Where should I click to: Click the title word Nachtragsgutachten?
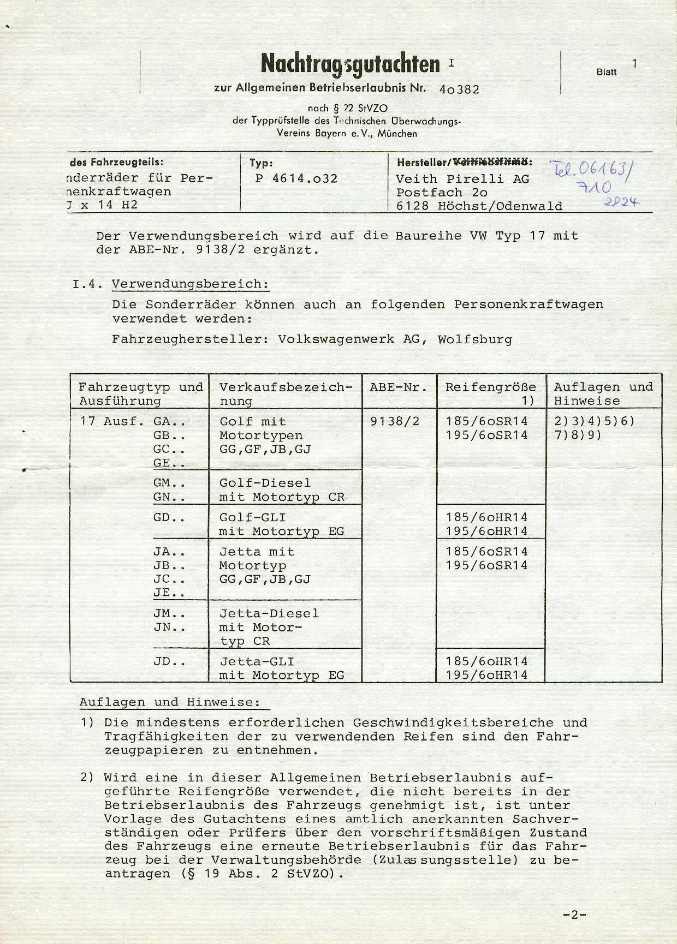(x=351, y=64)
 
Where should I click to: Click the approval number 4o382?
(x=459, y=89)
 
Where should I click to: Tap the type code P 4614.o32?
(x=296, y=178)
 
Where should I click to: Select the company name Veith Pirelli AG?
(x=462, y=178)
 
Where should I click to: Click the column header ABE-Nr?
(x=399, y=387)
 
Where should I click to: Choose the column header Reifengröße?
(x=490, y=387)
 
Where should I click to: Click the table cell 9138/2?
(x=395, y=421)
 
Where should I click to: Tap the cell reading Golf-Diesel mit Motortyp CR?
(x=282, y=490)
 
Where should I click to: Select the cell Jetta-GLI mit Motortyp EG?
(x=282, y=668)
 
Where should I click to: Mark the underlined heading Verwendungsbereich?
(x=190, y=284)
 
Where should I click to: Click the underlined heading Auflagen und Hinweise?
(x=170, y=702)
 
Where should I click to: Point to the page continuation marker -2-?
(x=574, y=915)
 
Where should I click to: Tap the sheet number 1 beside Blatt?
(x=634, y=63)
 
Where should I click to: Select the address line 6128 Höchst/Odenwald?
(x=479, y=206)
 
